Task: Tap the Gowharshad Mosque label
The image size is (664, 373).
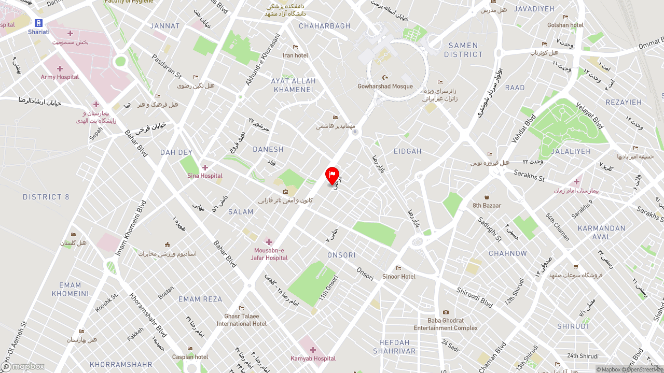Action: click(385, 87)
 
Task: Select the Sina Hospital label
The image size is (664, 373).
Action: click(205, 176)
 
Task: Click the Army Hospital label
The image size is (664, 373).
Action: click(60, 77)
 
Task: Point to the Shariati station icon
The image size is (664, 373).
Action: click(38, 23)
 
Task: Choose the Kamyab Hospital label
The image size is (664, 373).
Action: click(313, 358)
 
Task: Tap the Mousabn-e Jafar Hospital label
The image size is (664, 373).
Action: click(269, 254)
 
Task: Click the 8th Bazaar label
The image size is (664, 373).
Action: click(487, 205)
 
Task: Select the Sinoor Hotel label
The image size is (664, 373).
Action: click(398, 276)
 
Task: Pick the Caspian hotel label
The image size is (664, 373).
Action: click(190, 357)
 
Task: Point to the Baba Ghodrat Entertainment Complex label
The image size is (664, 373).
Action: click(446, 324)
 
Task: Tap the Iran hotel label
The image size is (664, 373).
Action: click(295, 55)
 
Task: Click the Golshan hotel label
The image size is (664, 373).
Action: click(565, 25)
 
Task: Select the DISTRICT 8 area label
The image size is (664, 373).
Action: click(46, 197)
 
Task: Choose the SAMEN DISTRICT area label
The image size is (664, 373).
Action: click(463, 50)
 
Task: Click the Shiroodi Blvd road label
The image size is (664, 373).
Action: click(474, 297)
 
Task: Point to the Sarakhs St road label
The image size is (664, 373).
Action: click(529, 176)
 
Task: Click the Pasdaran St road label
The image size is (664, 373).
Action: click(166, 67)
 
